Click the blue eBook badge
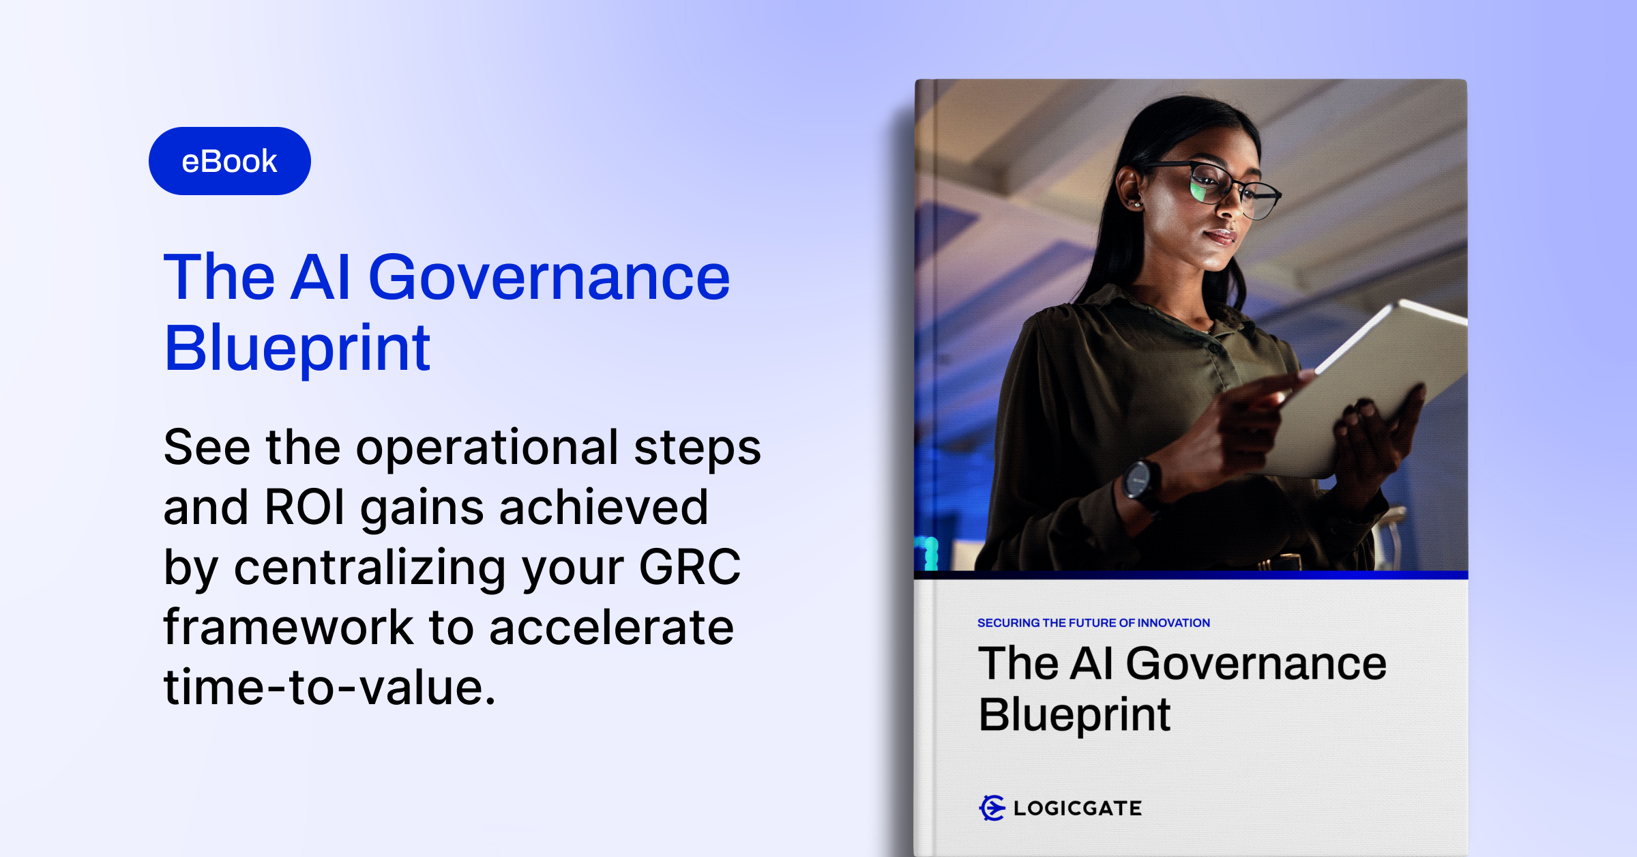(x=230, y=161)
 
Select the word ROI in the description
(x=304, y=507)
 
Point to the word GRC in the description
(x=690, y=567)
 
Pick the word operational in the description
(x=487, y=448)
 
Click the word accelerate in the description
(x=612, y=626)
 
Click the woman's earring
(x=1137, y=204)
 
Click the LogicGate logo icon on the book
(x=992, y=808)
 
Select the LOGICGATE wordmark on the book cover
(x=1078, y=809)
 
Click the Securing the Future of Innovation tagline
(x=1093, y=623)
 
